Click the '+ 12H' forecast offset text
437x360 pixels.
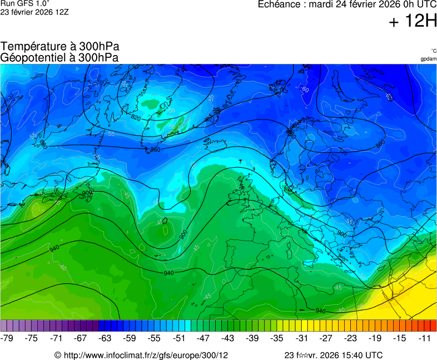pyautogui.click(x=413, y=22)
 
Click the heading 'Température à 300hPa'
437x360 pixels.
pyautogui.click(x=59, y=47)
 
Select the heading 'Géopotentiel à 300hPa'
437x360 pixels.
pyautogui.click(x=59, y=57)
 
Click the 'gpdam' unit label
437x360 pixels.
pyautogui.click(x=428, y=59)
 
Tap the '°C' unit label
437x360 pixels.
pyautogui.click(x=433, y=51)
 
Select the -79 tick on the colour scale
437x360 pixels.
pyautogui.click(x=7, y=338)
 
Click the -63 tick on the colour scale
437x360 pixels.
pyautogui.click(x=105, y=338)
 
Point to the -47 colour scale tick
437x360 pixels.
pyautogui.click(x=203, y=338)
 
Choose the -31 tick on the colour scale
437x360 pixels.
pyautogui.click(x=301, y=338)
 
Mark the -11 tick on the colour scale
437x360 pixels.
pyautogui.click(x=424, y=338)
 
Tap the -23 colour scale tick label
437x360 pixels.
pyautogui.click(x=350, y=338)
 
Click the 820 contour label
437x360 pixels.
pyautogui.click(x=136, y=118)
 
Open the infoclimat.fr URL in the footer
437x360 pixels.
pyautogui.click(x=146, y=355)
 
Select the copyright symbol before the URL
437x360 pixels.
pyautogui.click(x=57, y=355)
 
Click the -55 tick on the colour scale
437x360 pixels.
pyautogui.click(x=155, y=338)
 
